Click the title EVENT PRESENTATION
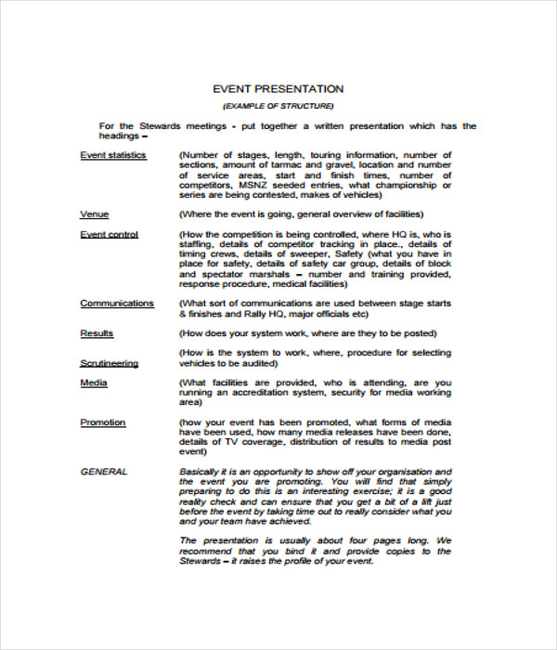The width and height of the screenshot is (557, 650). coord(278,89)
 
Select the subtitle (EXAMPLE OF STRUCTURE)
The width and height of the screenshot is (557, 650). coord(278,107)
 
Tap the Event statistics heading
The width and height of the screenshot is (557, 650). coord(113,155)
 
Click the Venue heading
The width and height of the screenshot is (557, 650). coord(95,214)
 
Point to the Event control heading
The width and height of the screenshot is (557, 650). coord(109,235)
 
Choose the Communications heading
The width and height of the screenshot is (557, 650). coord(117,304)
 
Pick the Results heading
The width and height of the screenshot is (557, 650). coord(97,333)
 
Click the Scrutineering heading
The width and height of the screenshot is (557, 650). coord(110,363)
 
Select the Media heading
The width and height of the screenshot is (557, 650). coord(94,383)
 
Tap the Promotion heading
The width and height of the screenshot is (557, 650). coord(102,422)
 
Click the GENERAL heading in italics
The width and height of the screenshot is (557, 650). coord(104,472)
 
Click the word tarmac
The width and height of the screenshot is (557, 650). coord(284,165)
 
